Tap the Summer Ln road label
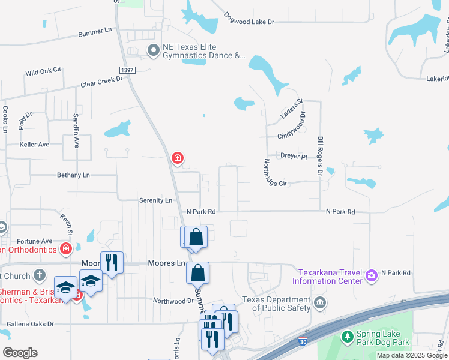click(x=95, y=32)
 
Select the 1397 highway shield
click(x=127, y=70)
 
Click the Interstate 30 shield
click(x=304, y=342)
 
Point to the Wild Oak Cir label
click(x=43, y=71)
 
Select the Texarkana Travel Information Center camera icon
click(x=372, y=275)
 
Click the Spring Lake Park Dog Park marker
click(x=346, y=337)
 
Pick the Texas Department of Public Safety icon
click(x=320, y=302)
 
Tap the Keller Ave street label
click(x=34, y=145)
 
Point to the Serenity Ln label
click(x=155, y=200)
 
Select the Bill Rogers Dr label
click(x=320, y=156)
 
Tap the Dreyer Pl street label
click(x=294, y=156)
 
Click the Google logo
click(x=20, y=352)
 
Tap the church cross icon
click(x=40, y=275)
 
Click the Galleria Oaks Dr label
click(x=30, y=324)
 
